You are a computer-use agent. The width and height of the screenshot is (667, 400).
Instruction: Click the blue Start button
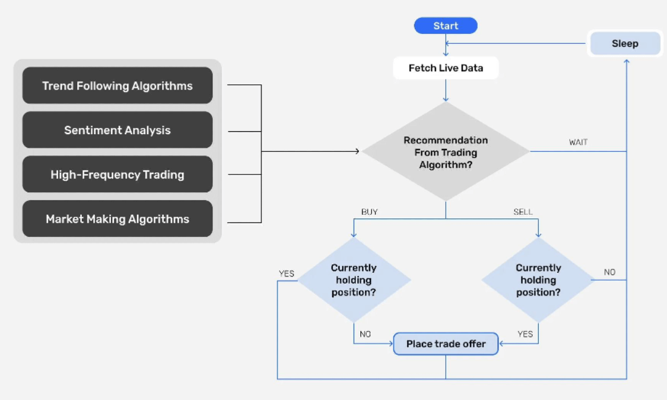tap(446, 26)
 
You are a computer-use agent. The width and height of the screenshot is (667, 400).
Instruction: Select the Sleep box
tap(625, 43)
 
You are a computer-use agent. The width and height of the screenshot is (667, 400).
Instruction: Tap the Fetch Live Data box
tap(446, 68)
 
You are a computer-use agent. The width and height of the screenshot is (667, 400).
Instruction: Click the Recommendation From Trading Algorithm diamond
tap(446, 152)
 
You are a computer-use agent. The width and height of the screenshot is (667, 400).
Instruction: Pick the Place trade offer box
tap(446, 344)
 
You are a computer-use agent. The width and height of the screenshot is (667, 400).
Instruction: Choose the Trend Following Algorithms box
tap(117, 85)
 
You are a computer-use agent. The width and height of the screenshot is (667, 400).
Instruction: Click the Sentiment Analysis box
tap(117, 130)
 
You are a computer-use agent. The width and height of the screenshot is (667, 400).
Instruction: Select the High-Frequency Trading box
tap(117, 174)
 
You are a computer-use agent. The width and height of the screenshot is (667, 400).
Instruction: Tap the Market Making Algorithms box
tap(117, 219)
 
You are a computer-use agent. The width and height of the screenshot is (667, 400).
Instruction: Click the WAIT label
tap(579, 142)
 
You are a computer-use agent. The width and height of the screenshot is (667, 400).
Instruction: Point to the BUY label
tap(369, 212)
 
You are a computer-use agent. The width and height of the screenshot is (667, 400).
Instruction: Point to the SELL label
tap(523, 212)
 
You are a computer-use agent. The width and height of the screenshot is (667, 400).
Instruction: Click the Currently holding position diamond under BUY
tap(354, 280)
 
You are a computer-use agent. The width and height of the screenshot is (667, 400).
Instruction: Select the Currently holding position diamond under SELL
tap(538, 280)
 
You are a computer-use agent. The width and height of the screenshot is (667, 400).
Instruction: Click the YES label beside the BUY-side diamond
tap(287, 274)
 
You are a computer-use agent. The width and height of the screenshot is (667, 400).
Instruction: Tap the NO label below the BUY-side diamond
tap(365, 334)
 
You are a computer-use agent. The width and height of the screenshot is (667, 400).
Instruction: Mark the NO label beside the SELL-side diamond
tap(609, 272)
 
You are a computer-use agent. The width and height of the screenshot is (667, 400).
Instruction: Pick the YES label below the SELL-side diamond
tap(525, 334)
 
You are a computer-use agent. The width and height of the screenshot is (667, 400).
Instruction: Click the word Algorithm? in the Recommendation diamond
tap(446, 164)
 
